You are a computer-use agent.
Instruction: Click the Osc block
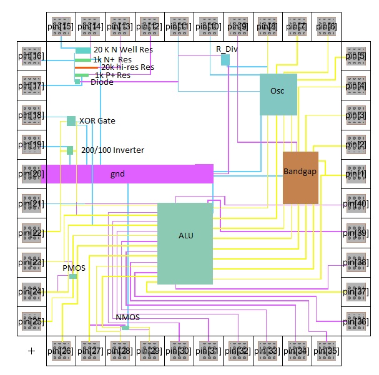[278, 94]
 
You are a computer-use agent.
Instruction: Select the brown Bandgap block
[300, 178]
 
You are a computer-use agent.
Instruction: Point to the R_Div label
[227, 48]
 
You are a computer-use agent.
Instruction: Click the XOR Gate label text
[97, 120]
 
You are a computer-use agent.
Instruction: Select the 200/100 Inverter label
[112, 150]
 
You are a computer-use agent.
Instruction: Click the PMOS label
[74, 268]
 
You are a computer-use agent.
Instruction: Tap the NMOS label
[127, 318]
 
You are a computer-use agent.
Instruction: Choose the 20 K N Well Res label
[123, 50]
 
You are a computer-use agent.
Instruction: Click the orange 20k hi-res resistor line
[87, 67]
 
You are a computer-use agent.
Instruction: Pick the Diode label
[102, 82]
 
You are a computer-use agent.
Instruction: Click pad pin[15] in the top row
[61, 26]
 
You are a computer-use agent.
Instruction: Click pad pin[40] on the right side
[353, 203]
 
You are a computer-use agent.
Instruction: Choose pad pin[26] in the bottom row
[61, 351]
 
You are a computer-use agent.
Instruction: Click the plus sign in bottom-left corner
[31, 351]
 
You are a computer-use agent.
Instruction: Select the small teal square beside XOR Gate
[71, 121]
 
